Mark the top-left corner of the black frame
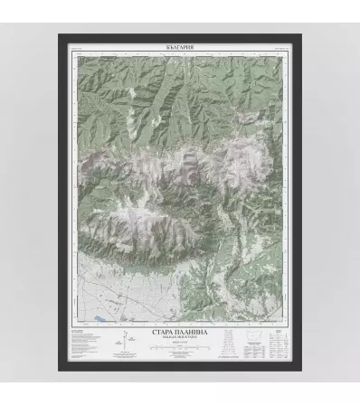click(x=60, y=35)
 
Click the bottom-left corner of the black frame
click(x=60, y=370)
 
